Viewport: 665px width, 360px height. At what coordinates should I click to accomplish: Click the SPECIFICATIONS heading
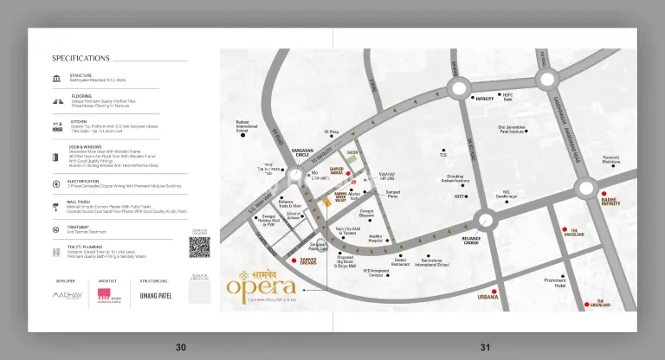tap(81, 59)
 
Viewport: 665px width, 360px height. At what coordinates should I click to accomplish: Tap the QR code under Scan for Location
tap(200, 247)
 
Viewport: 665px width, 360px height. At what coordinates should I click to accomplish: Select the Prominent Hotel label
tap(555, 283)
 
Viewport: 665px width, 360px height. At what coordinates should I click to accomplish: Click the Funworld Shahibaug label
tap(611, 159)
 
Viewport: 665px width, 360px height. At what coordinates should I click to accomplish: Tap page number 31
tap(485, 347)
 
